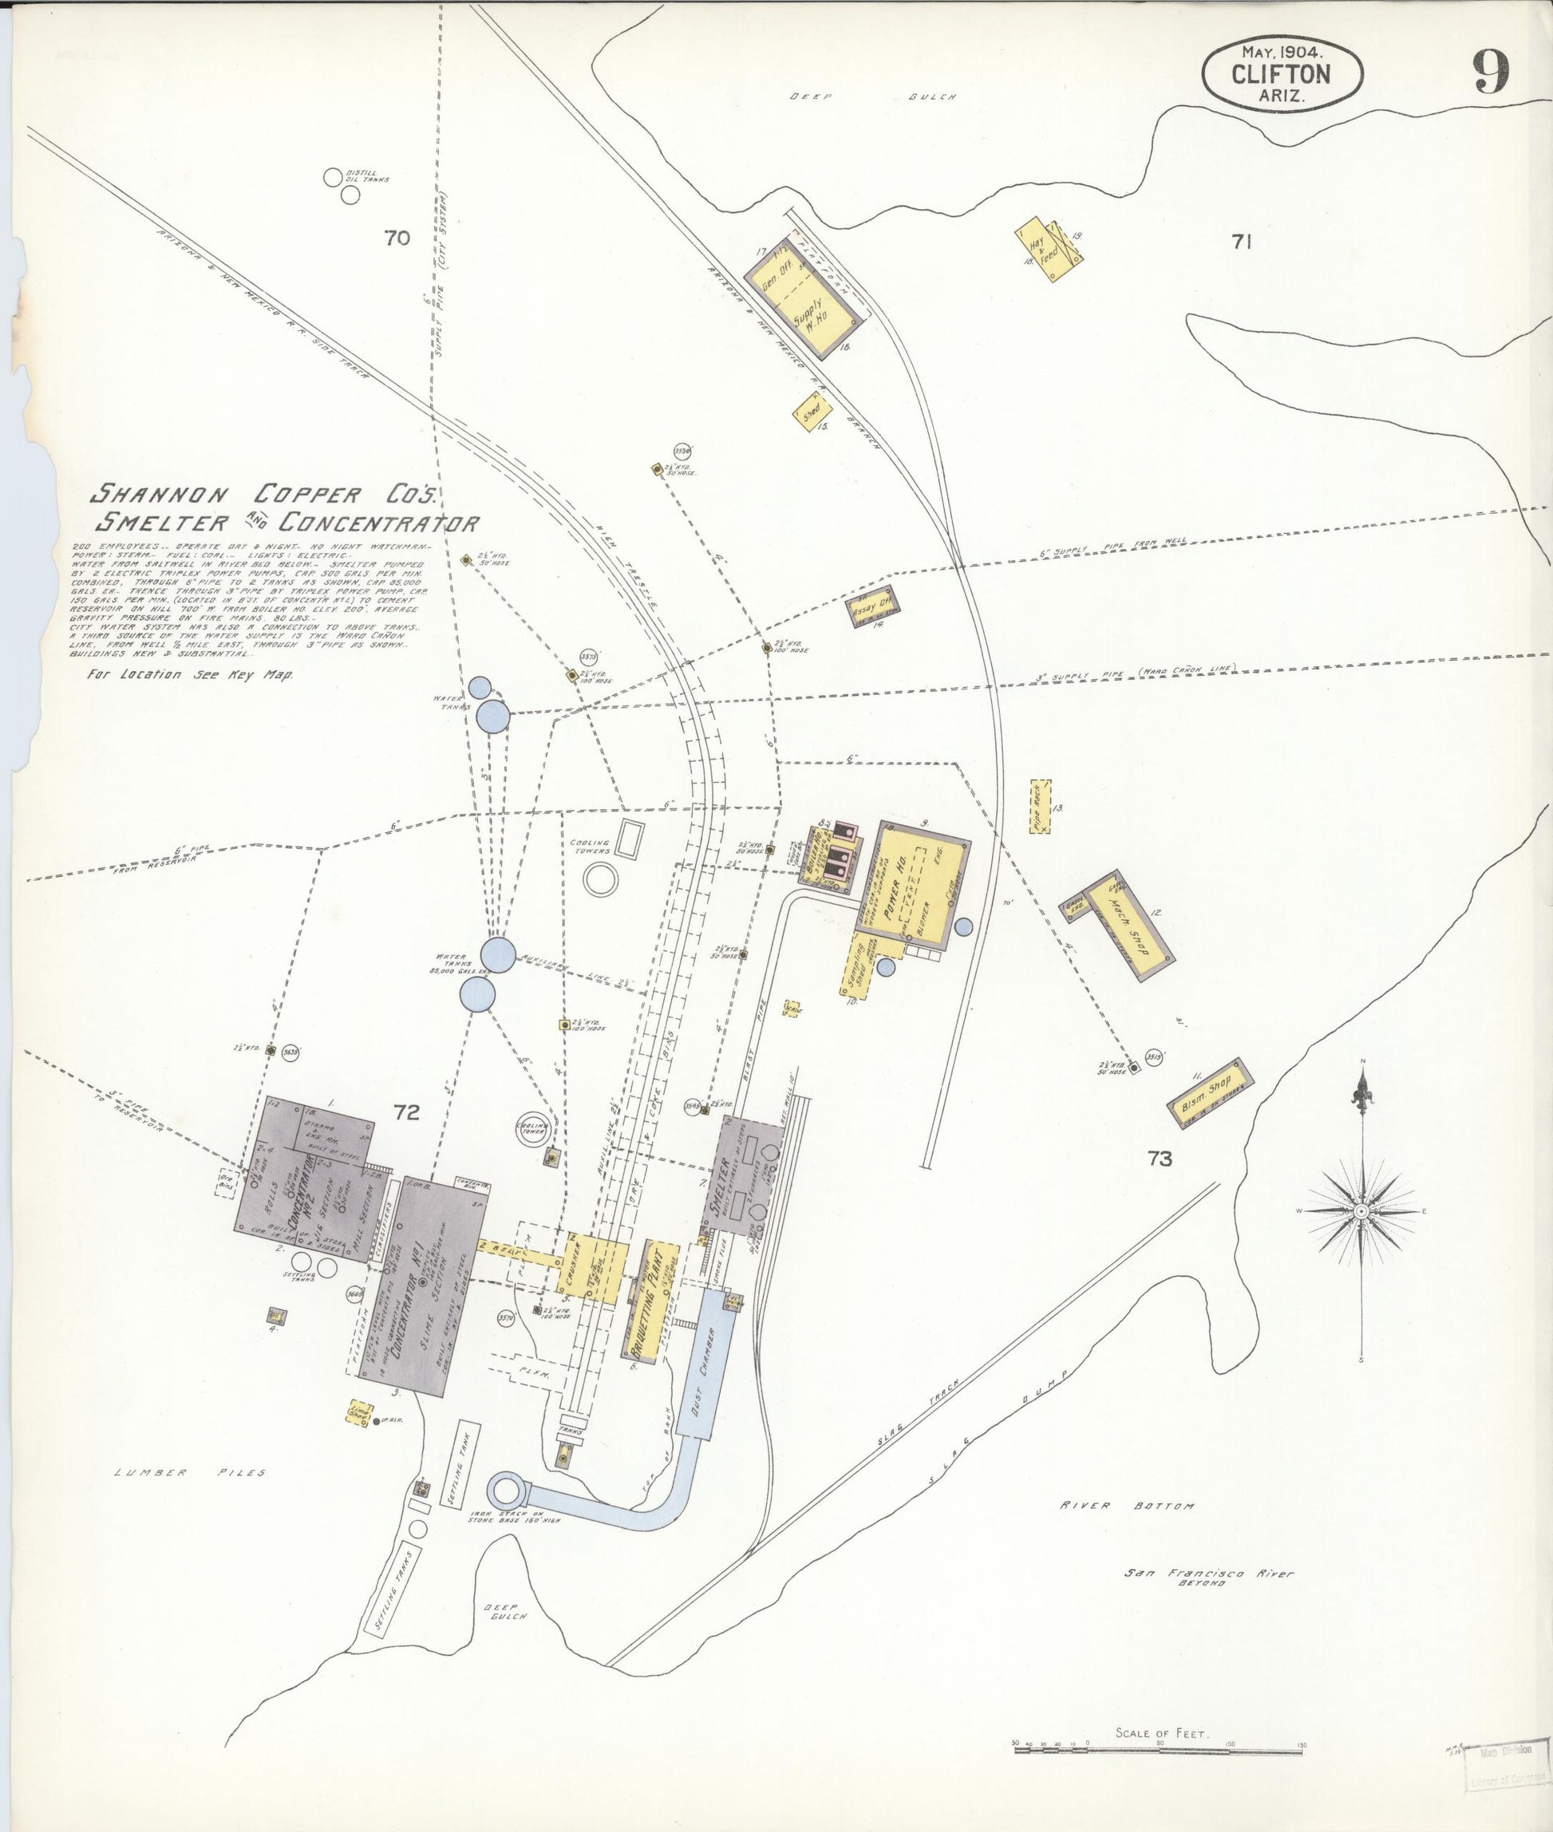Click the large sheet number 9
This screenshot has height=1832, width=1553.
point(1491,72)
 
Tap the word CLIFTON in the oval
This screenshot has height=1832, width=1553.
point(1281,74)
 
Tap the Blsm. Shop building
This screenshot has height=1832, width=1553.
point(1209,1092)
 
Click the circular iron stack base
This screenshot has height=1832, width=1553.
point(510,1490)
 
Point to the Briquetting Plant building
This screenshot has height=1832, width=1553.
point(655,1301)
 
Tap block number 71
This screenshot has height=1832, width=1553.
point(1241,242)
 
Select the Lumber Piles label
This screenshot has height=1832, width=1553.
point(190,1472)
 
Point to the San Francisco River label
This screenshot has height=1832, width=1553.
point(1209,1573)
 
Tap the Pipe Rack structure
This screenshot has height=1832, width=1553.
point(1040,807)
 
